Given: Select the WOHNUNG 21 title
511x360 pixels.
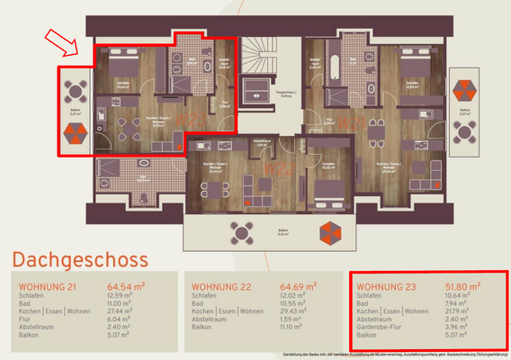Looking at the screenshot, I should click(48, 287).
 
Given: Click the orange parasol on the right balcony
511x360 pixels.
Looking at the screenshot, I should click(465, 90).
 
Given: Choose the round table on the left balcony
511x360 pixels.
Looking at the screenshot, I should click(76, 90).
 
